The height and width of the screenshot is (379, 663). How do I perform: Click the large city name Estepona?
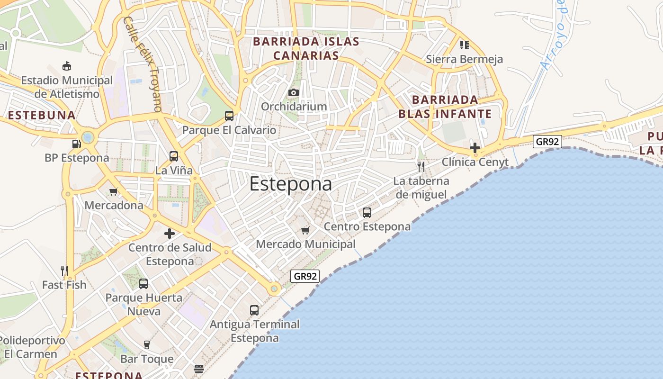290,184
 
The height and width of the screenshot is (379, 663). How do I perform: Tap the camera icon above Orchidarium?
294,92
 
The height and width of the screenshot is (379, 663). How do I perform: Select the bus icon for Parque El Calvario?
229,116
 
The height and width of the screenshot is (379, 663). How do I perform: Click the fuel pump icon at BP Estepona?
76,144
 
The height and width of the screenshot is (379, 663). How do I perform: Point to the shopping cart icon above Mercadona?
114,191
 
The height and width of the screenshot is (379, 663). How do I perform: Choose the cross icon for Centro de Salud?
169,233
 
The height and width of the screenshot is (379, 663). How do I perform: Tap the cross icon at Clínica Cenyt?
475,148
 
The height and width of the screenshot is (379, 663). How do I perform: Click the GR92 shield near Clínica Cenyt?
547,142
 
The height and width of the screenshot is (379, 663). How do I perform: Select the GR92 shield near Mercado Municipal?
305,276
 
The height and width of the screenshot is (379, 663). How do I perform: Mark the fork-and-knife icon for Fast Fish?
64,271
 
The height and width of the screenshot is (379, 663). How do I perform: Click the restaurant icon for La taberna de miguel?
421,166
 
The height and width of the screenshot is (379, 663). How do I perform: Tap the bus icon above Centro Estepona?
367,212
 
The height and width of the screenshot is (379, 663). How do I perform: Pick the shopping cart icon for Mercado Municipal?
305,230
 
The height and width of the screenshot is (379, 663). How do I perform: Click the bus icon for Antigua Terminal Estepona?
254,310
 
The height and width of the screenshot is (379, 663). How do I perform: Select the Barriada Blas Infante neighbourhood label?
445,107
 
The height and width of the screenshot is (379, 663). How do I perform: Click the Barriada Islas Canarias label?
306,48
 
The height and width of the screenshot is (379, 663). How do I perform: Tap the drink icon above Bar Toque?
147,344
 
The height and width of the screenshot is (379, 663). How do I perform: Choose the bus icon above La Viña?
174,156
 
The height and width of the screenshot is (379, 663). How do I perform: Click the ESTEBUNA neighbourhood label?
42,115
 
